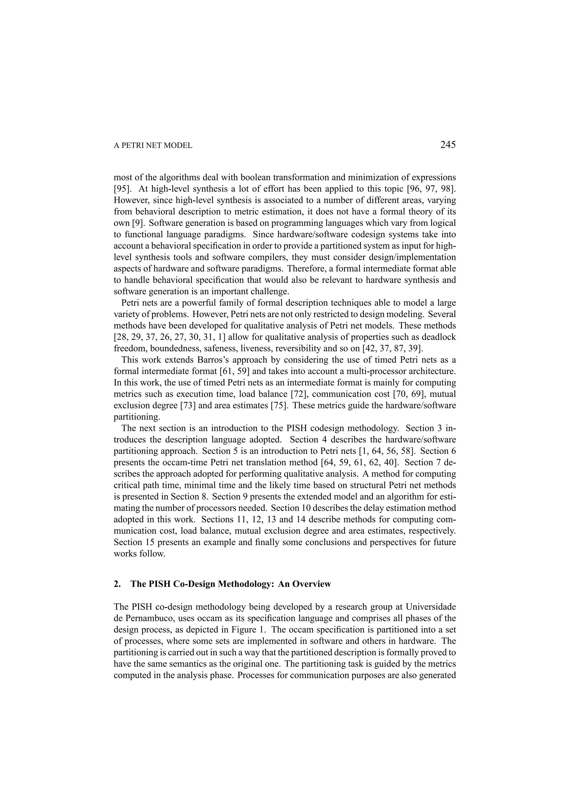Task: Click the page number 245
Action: (x=448, y=144)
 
